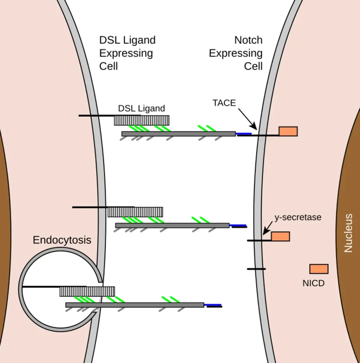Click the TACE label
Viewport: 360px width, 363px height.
coord(224,103)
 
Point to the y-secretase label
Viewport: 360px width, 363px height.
coord(298,217)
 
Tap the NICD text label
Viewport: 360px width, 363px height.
coord(313,283)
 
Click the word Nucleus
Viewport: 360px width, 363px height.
coord(348,233)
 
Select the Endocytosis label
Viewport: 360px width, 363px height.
coord(62,240)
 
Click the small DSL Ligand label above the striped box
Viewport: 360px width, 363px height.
coord(142,108)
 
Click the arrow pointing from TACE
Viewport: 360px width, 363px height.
coord(247,119)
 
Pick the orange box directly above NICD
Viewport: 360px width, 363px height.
coord(319,269)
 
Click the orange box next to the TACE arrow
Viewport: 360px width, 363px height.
coord(288,131)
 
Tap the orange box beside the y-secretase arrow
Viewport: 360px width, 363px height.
coord(280,236)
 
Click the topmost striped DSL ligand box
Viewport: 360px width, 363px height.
coord(142,120)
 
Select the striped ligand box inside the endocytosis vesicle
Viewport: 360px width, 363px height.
coord(87,291)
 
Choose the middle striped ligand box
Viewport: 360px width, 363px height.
coord(135,212)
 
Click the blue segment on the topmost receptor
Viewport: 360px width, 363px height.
coord(244,134)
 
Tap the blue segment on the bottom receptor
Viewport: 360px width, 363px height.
coord(213,305)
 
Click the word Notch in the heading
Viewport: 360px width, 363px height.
coord(248,40)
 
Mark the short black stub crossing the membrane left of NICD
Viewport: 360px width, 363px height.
coord(256,269)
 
